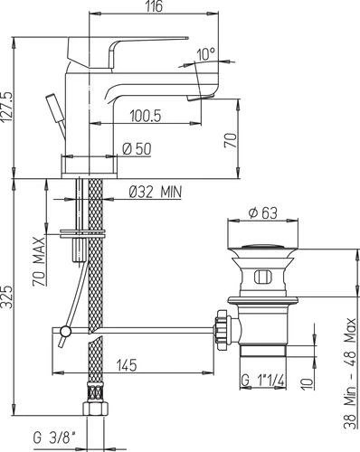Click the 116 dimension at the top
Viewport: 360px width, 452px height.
154,6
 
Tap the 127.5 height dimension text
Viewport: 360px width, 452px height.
8,107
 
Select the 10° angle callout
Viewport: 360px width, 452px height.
206,54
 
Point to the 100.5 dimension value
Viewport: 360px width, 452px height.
146,116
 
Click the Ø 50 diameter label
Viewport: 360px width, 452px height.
137,148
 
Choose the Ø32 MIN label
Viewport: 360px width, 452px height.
156,192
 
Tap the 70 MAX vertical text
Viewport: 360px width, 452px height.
39,261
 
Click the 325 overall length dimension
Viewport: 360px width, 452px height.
8,297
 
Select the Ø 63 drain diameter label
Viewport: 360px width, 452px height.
262,213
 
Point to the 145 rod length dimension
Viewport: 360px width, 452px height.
127,365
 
